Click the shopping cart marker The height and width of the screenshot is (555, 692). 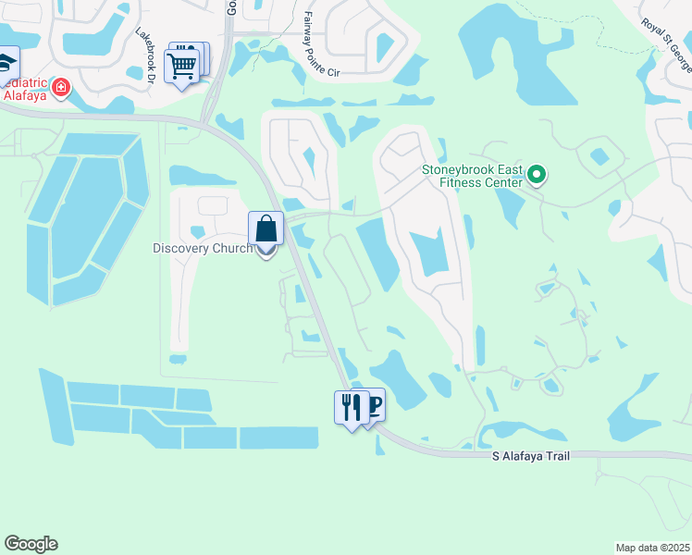181,65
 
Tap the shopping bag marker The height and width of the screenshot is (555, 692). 266,228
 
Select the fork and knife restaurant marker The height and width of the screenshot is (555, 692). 351,407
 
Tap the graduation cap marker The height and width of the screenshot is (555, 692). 6,62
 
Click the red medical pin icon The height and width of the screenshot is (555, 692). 61,88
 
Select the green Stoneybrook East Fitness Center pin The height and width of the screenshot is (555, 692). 536,174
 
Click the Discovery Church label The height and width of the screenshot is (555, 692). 204,248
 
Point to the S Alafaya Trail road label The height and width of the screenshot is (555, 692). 530,456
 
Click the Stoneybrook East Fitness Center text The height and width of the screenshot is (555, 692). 471,176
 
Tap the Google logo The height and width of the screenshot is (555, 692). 31,544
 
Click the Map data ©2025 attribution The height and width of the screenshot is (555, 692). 652,547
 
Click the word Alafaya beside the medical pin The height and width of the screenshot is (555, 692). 25,93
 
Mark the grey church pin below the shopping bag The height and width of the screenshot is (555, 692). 266,252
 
